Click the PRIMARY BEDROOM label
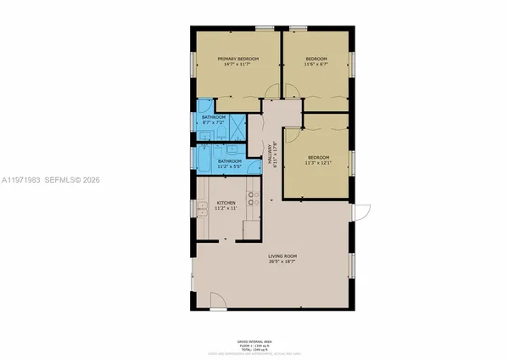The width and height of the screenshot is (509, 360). pos(238,59)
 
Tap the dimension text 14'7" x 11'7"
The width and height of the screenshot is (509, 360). pos(238,65)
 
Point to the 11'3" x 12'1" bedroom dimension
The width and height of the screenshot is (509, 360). pos(318,162)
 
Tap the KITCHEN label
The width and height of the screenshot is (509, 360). pos(225,203)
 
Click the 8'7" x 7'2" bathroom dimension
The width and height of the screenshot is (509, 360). pos(213,122)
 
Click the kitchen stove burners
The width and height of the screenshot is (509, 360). pos(251,199)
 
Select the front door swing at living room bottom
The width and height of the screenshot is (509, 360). pos(215,299)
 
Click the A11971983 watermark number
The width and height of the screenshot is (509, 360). pos(25,181)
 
